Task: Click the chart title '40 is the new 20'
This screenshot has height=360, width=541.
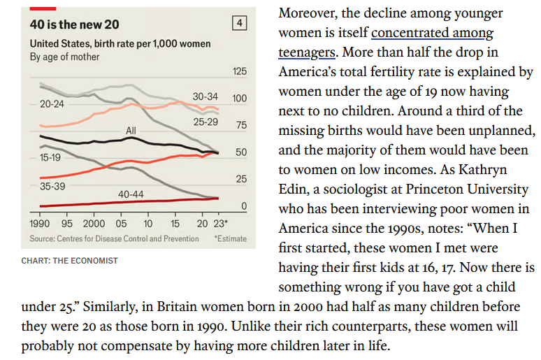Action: tap(75, 24)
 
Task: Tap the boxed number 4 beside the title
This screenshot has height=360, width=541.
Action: tap(240, 24)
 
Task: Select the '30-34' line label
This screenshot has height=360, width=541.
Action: tap(205, 96)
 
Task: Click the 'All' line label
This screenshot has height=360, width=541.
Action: tap(131, 131)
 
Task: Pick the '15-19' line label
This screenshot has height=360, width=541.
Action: tap(50, 158)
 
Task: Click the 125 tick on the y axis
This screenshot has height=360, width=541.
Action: tap(239, 72)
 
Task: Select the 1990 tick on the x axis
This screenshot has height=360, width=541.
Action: tap(41, 224)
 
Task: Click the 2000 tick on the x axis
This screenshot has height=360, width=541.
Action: tap(94, 224)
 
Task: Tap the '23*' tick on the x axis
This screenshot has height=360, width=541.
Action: tap(221, 224)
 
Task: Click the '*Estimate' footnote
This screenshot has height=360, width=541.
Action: tap(230, 238)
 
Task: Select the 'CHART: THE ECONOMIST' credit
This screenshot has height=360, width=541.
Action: tap(70, 261)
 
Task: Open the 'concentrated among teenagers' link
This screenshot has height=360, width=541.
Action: tap(432, 34)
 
